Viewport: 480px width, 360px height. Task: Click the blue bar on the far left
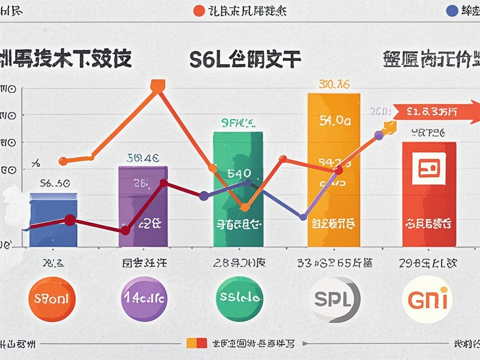pos(53,220)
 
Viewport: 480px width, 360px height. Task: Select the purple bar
pos(143,206)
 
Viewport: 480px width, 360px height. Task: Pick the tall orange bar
pos(334,169)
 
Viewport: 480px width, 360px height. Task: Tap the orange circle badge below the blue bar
pos(52,299)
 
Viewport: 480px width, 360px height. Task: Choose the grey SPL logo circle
pos(334,299)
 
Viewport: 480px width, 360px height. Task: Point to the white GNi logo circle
pos(427,299)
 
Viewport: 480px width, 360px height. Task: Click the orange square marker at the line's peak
pos(158,86)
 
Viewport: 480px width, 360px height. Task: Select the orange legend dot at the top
pos(199,11)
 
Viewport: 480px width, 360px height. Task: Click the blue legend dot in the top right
pos(452,11)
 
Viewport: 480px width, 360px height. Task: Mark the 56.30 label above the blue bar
pos(55,183)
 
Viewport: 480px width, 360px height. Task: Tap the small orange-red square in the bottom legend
pos(197,343)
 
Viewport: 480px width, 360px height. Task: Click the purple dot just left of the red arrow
pos(379,135)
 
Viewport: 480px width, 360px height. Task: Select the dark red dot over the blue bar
pos(69,220)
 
